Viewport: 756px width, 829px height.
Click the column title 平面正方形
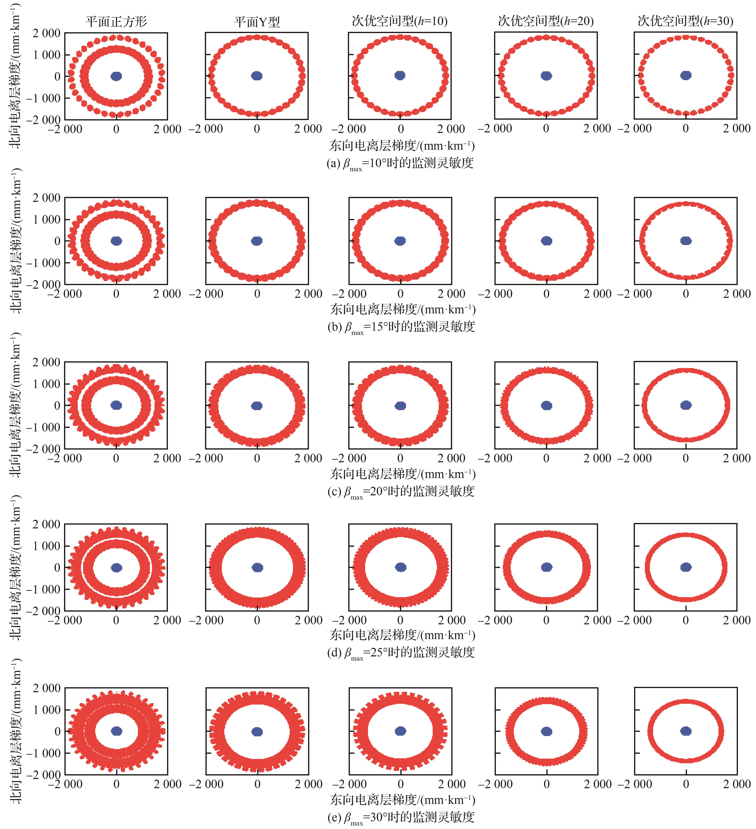click(x=116, y=21)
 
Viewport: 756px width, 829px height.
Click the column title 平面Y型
click(x=257, y=21)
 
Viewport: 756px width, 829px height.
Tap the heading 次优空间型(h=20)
click(x=546, y=21)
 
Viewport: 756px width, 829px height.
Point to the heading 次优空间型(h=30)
click(x=685, y=21)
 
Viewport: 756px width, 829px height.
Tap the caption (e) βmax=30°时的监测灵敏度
click(x=401, y=817)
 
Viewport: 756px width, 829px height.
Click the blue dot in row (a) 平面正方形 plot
click(x=117, y=76)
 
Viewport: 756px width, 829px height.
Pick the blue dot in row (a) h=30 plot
click(x=686, y=75)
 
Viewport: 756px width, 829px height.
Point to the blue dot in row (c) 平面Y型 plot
click(x=257, y=406)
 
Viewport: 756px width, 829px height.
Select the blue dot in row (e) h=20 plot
click(x=546, y=731)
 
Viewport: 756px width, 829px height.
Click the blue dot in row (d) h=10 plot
click(x=401, y=567)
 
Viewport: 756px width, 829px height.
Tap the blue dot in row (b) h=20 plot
click(x=546, y=241)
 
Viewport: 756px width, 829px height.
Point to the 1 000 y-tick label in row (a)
click(x=46, y=55)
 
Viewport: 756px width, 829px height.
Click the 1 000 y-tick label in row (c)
click(x=46, y=384)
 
